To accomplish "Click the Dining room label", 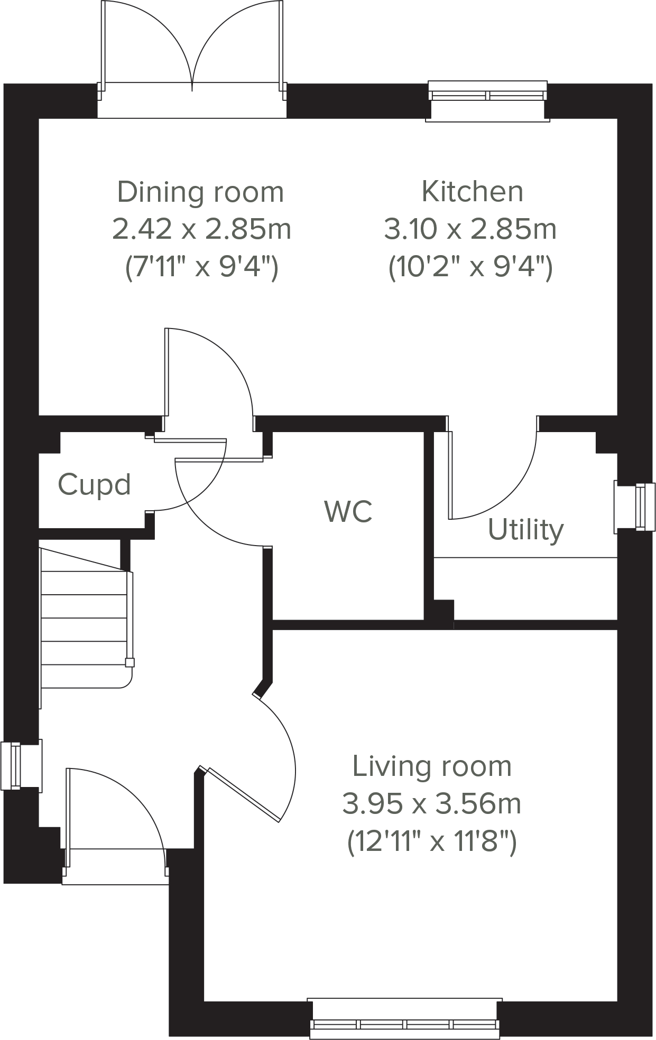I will [200, 192].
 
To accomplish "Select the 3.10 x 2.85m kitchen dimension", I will [470, 230].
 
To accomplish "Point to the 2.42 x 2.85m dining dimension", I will [201, 230].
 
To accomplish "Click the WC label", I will [348, 511].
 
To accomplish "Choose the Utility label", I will [525, 530].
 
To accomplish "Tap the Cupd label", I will [94, 484].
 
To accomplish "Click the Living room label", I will [432, 766].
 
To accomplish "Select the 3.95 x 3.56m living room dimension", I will [432, 804].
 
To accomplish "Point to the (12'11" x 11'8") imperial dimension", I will [432, 842].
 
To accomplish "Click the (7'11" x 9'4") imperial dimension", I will [201, 267].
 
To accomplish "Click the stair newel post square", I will [130, 663].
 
